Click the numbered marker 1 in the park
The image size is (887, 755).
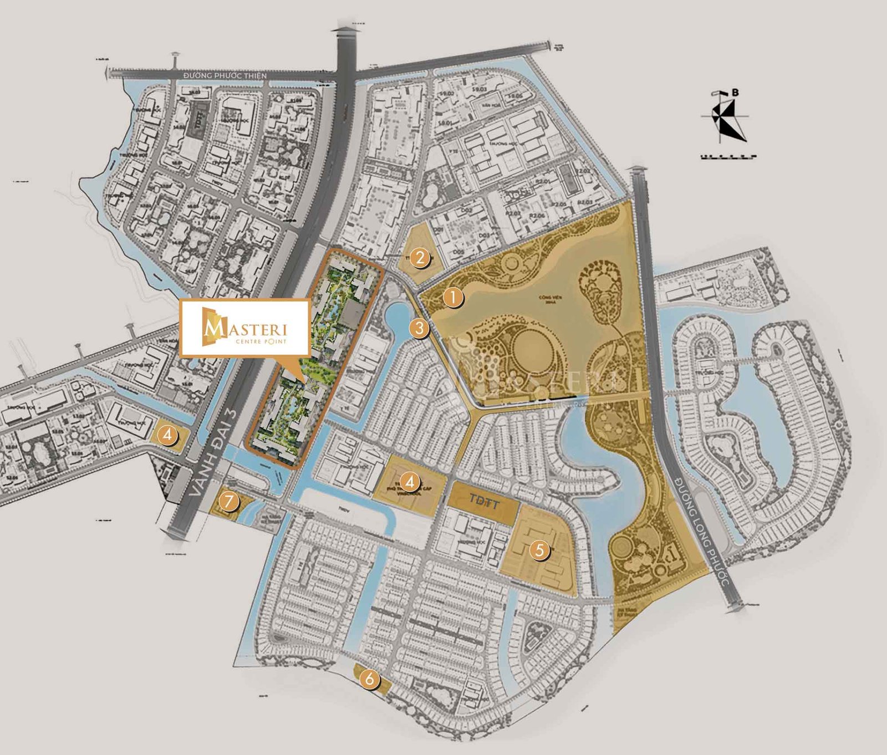point(453,298)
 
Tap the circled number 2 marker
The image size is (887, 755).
point(420,257)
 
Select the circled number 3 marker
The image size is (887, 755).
point(419,328)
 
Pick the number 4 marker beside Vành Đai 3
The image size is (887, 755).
point(167,435)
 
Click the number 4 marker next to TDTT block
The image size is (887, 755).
point(410,482)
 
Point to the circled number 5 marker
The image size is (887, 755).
point(539,550)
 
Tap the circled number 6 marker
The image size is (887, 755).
point(369,679)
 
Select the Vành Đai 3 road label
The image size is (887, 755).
point(213,453)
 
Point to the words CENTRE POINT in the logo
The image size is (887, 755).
point(261,342)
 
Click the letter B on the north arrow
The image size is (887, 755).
point(735,93)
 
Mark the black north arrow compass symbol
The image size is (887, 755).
point(726,119)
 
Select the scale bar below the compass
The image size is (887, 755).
point(728,157)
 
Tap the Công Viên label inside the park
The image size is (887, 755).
point(547,299)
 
